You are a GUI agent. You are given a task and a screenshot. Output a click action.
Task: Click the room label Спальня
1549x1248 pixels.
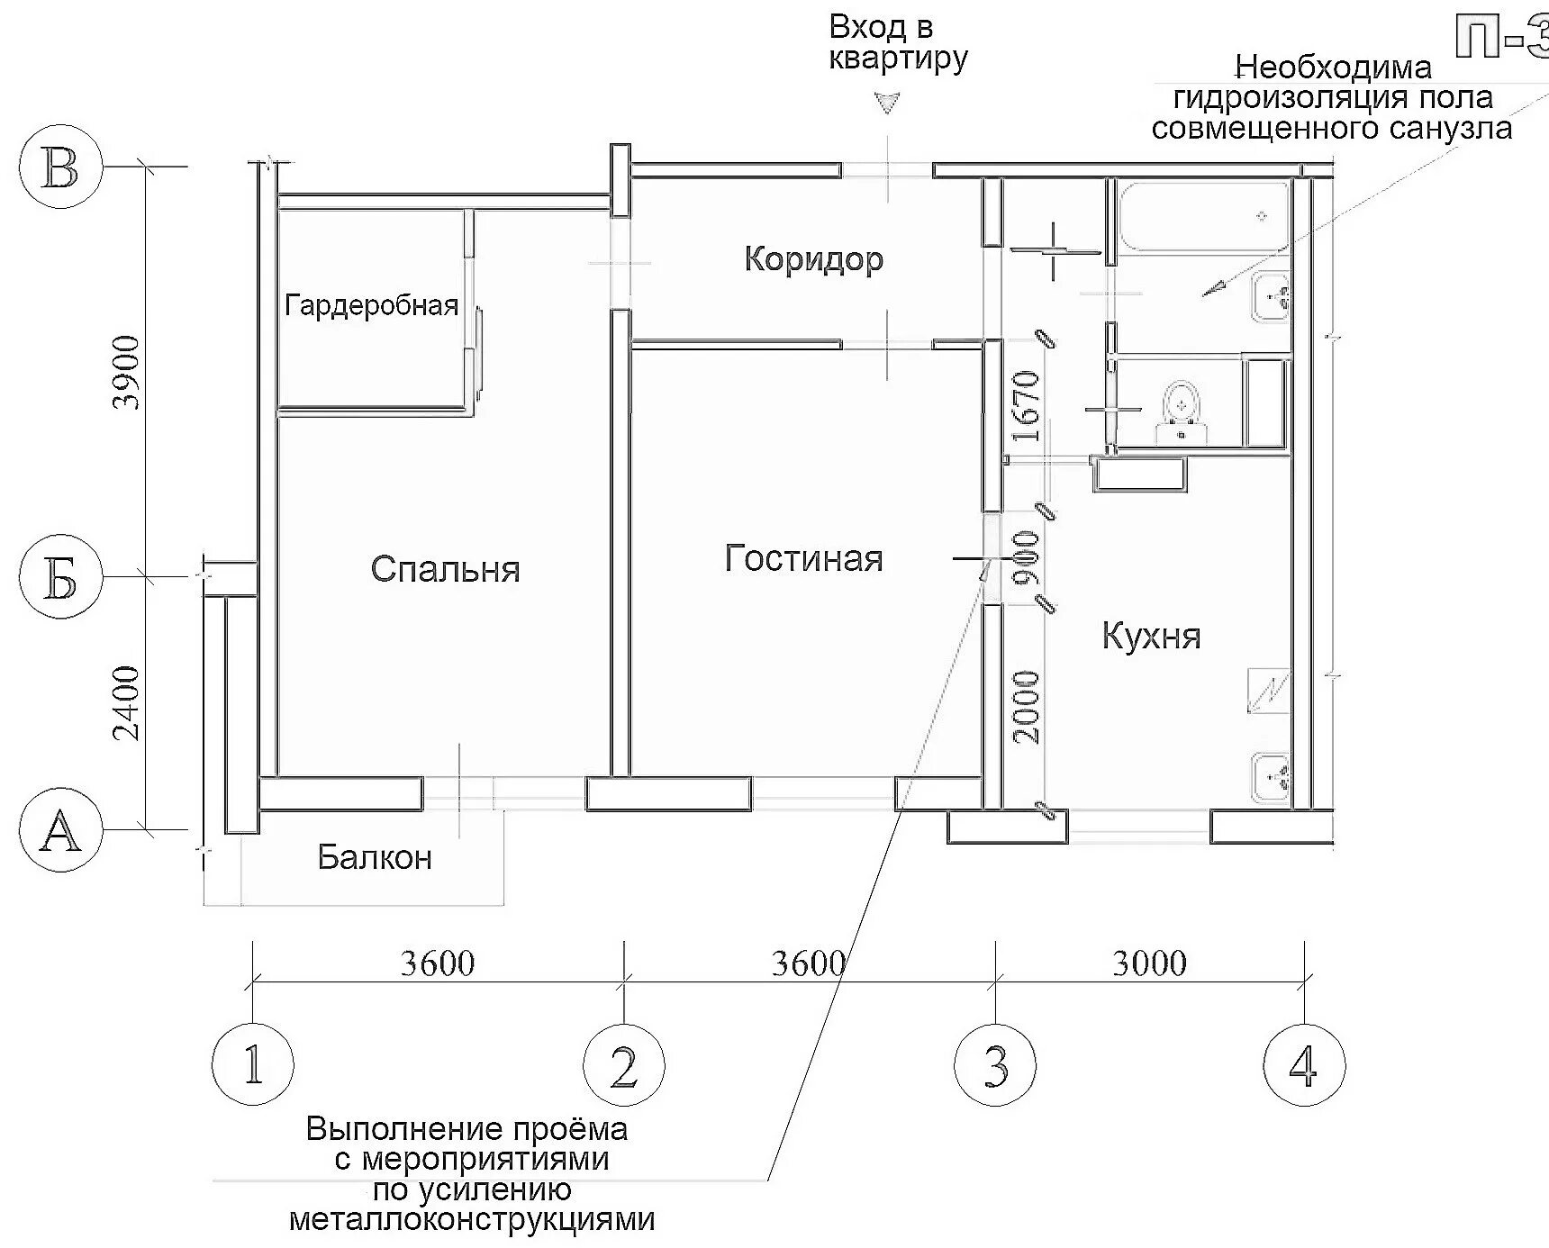445,570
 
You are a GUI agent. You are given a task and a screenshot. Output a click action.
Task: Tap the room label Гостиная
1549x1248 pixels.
803,559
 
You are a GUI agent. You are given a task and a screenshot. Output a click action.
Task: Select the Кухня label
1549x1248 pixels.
1151,637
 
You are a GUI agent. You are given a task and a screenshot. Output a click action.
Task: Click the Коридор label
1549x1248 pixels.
813,260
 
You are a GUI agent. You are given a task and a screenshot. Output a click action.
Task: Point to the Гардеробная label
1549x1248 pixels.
371,306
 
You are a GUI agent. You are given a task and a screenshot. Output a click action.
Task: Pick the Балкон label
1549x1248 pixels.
375,857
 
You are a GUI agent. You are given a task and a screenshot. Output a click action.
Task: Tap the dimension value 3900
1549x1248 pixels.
129,372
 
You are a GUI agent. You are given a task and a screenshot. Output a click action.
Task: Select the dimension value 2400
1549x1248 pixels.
129,702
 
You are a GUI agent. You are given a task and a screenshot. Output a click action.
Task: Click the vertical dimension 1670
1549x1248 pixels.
1026,405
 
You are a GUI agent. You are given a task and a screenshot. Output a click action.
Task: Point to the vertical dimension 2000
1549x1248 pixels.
1026,707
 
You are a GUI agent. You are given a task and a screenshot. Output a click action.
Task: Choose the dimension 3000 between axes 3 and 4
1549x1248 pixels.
1149,963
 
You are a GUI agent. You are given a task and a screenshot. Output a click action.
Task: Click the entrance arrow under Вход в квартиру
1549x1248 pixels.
888,104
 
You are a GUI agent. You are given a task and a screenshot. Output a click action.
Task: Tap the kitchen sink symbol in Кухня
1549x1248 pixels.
1273,774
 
